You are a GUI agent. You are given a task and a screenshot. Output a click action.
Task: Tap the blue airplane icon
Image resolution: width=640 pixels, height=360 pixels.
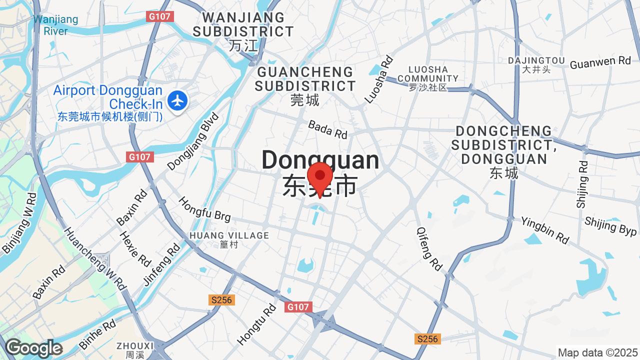(x=177, y=100)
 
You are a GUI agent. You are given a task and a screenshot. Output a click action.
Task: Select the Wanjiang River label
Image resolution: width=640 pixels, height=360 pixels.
(x=55, y=25)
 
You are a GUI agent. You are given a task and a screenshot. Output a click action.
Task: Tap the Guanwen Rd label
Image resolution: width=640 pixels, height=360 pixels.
(x=600, y=62)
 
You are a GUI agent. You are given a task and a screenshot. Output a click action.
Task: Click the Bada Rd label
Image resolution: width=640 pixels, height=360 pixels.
(x=327, y=129)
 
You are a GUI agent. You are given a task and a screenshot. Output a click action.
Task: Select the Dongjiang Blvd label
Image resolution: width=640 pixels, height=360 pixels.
(x=193, y=141)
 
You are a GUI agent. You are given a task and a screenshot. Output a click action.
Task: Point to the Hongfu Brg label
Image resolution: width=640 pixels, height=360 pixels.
(x=204, y=209)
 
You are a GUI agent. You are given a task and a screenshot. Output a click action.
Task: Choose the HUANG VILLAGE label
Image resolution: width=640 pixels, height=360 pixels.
(x=229, y=235)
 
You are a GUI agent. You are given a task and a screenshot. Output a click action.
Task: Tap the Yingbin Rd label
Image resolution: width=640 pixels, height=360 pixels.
(x=544, y=230)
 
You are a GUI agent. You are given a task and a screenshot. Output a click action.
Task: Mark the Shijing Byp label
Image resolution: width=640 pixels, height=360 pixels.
(x=610, y=226)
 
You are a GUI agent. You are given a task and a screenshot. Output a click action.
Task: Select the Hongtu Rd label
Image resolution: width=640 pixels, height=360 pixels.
(x=256, y=324)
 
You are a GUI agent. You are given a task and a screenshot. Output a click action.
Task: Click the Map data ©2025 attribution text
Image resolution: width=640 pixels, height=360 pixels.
(x=597, y=352)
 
